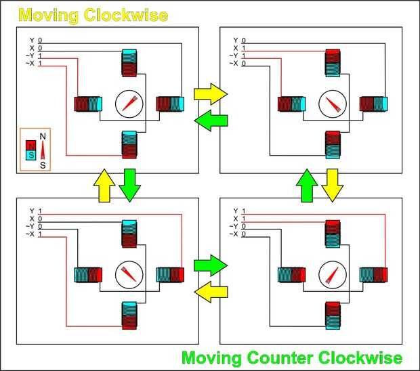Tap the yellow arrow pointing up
(103, 185)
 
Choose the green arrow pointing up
(307, 185)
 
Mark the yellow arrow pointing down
(332, 185)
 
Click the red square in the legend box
(30, 145)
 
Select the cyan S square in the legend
(30, 155)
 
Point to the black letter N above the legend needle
(43, 136)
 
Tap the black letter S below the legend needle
(43, 165)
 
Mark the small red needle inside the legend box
(43, 150)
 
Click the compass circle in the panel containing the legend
(128, 104)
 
